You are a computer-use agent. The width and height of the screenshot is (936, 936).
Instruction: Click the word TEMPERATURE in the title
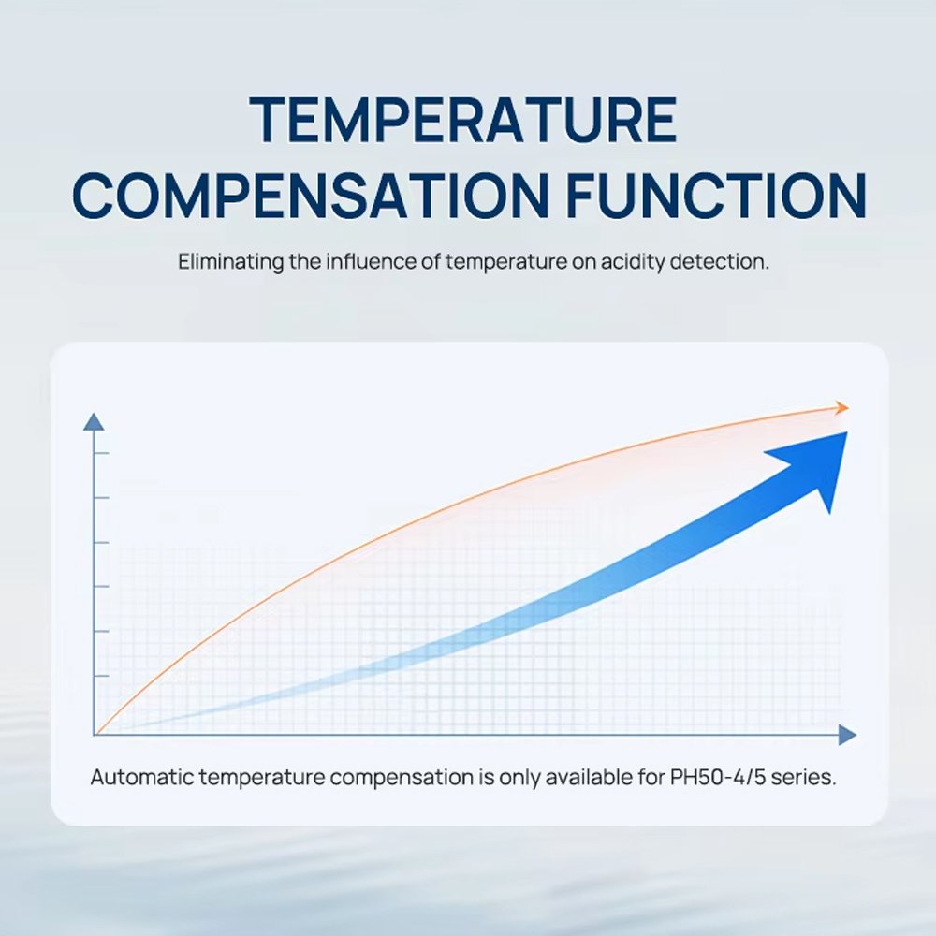[462, 120]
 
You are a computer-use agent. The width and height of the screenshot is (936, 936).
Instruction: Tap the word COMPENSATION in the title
[310, 196]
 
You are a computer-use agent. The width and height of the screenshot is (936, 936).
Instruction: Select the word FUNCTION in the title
[716, 196]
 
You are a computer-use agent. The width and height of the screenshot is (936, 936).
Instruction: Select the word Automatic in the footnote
[142, 777]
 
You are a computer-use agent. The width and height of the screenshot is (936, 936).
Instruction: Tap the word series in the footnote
[803, 777]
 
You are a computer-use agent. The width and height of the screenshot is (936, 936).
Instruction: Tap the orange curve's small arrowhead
[842, 408]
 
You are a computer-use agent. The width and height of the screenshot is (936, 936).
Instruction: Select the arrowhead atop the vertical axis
[94, 421]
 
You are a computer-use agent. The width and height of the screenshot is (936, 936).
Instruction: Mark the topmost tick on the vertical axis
[101, 453]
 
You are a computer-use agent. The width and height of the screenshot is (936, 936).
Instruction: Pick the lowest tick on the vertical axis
[101, 676]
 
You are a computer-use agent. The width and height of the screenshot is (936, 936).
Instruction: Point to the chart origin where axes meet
[95, 735]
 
